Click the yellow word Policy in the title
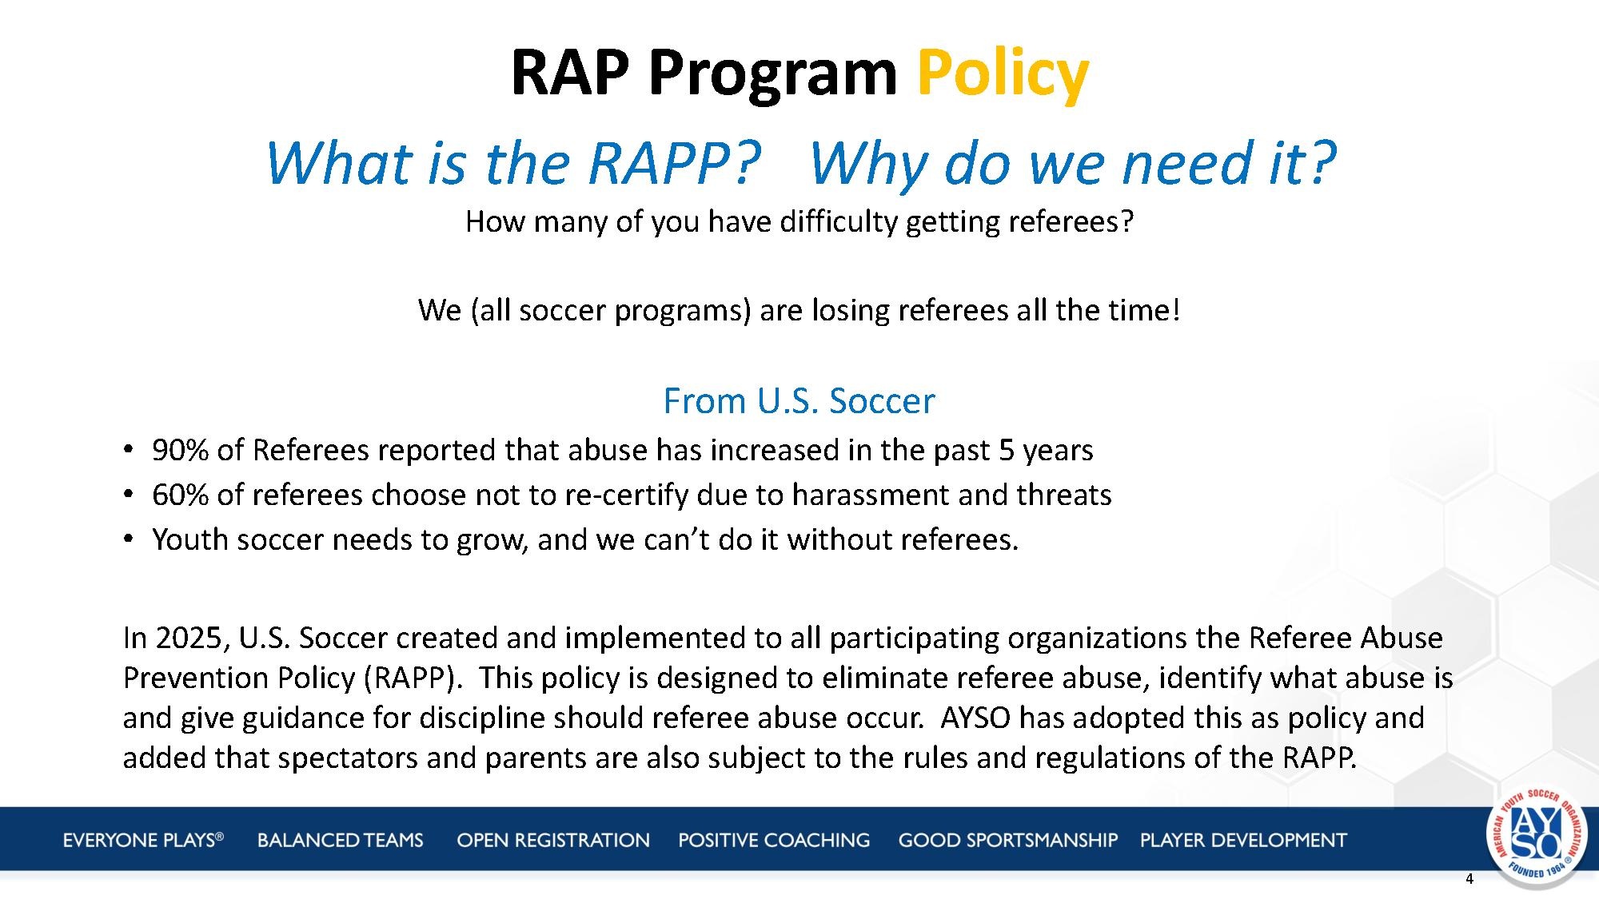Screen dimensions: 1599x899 1003,74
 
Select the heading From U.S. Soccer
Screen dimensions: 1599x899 799,400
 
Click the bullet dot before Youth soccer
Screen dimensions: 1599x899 128,540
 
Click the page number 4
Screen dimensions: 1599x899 1469,880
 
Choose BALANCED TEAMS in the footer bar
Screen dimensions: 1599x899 341,840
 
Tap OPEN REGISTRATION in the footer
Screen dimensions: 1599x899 553,840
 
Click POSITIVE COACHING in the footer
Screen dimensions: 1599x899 774,840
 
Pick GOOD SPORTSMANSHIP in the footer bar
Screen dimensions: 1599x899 1008,840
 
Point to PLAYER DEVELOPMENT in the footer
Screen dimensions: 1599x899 1243,840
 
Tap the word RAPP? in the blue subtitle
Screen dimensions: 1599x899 673,163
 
